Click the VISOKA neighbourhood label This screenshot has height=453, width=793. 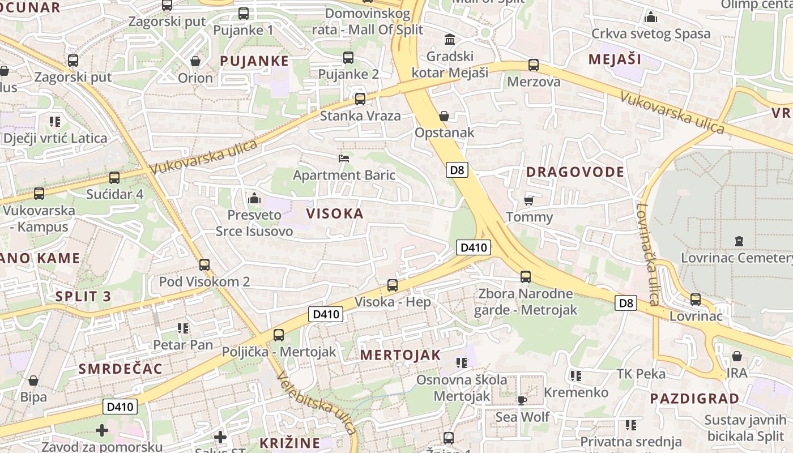click(x=335, y=213)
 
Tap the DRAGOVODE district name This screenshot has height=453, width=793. click(x=575, y=172)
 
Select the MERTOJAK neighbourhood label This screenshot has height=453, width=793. click(x=400, y=355)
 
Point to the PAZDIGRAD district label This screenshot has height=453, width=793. click(x=694, y=398)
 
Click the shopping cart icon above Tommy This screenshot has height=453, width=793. click(x=529, y=200)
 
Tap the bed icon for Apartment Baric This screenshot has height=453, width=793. click(x=343, y=158)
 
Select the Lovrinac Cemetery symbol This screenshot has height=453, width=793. click(x=739, y=241)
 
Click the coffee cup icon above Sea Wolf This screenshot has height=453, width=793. click(x=522, y=400)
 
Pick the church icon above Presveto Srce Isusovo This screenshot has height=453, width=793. click(x=254, y=198)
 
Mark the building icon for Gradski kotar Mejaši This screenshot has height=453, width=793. click(x=450, y=40)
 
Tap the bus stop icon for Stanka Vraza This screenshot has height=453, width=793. click(x=360, y=99)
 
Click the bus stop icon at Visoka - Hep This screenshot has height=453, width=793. click(x=392, y=285)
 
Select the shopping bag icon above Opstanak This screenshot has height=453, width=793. click(x=444, y=116)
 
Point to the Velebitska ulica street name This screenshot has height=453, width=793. click(x=317, y=405)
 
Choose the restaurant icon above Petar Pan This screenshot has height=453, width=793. click(x=182, y=328)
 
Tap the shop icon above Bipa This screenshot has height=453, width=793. click(x=33, y=380)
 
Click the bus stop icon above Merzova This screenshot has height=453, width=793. click(x=533, y=65)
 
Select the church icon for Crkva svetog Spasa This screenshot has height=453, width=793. click(x=650, y=17)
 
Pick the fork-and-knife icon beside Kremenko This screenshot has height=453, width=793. click(x=575, y=375)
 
